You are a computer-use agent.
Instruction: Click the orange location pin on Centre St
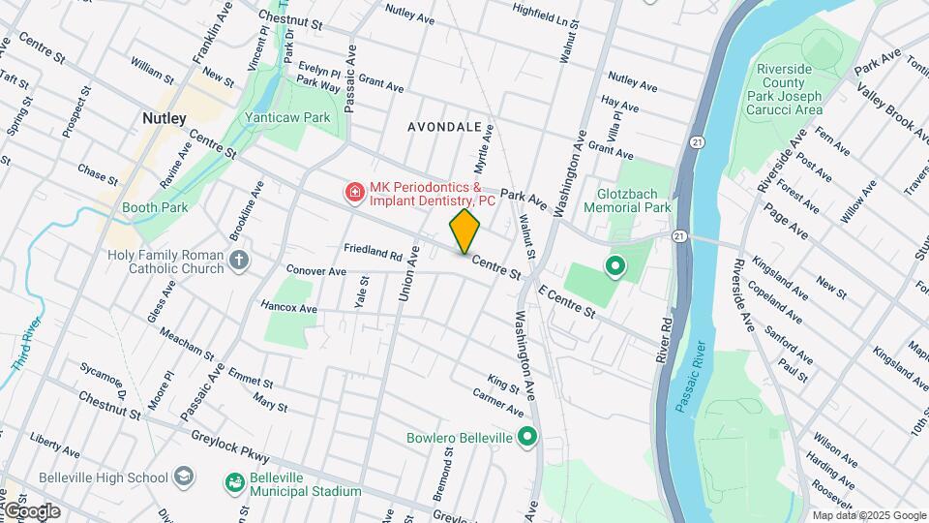(x=464, y=231)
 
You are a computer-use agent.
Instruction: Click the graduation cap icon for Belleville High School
(x=184, y=477)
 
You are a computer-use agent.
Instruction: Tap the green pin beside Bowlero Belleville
(x=526, y=438)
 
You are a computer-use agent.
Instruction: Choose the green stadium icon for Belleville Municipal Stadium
(x=234, y=482)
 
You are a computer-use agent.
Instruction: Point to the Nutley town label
(x=164, y=117)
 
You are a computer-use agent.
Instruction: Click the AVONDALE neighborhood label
(x=444, y=127)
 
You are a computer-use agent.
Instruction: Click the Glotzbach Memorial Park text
(x=627, y=200)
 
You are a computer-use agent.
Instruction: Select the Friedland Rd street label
(x=373, y=251)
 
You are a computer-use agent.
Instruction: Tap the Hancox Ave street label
(x=288, y=308)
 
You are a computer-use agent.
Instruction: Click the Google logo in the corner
(x=31, y=510)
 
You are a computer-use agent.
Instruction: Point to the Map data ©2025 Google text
(x=868, y=515)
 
